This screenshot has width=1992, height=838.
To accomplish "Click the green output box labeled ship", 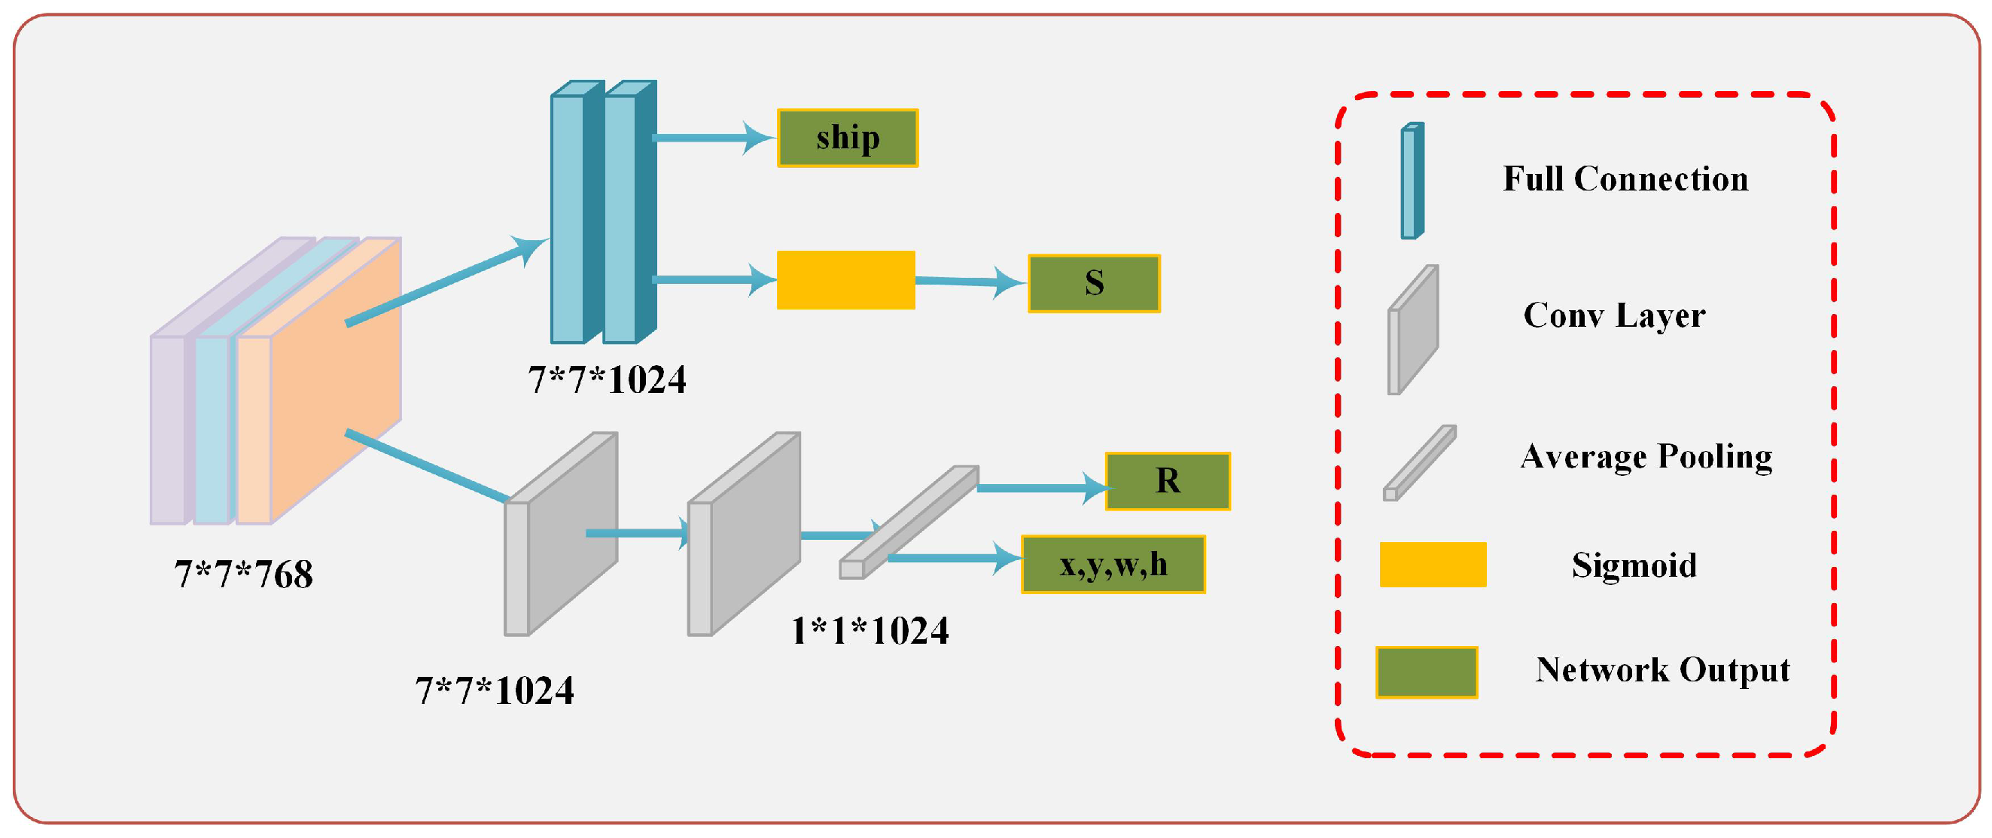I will tap(848, 139).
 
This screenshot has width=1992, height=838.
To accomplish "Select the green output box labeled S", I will tap(1093, 284).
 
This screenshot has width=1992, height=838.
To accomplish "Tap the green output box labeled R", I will tap(1167, 481).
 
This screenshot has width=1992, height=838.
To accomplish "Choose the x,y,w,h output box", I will tap(1113, 565).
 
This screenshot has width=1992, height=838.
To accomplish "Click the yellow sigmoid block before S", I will tap(845, 280).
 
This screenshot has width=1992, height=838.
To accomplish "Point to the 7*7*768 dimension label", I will tap(243, 574).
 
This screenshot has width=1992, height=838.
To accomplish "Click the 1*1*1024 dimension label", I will tap(870, 631).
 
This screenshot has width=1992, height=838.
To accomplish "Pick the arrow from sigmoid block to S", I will tap(971, 282).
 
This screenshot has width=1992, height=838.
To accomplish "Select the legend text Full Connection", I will tap(1625, 179).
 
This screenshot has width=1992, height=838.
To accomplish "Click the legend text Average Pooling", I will tap(1646, 457).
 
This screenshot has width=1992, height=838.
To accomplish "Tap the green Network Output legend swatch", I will tap(1426, 672).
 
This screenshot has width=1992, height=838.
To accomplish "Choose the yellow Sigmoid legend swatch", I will tap(1432, 565).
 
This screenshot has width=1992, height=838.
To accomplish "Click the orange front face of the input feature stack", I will tap(336, 379).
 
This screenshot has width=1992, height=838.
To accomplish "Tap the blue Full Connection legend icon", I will tap(1412, 181).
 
